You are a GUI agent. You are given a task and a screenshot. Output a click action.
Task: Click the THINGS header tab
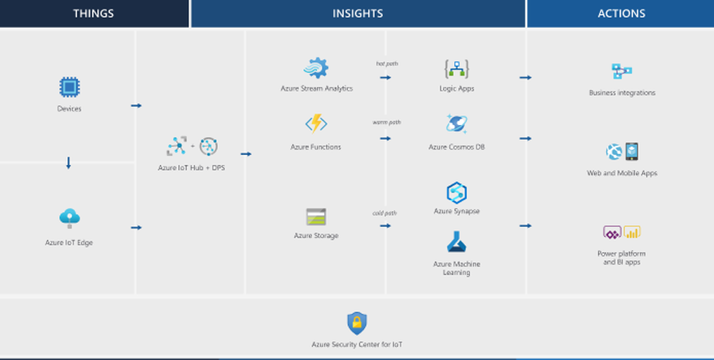click(x=93, y=14)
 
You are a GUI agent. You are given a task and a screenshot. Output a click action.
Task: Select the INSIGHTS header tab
click(x=358, y=14)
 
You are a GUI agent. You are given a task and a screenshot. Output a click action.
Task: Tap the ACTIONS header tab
click(x=621, y=14)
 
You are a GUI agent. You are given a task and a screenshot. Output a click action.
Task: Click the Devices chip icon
click(x=69, y=87)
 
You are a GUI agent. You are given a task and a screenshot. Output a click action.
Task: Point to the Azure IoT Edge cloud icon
click(x=69, y=216)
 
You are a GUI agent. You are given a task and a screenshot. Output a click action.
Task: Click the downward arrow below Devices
click(x=69, y=163)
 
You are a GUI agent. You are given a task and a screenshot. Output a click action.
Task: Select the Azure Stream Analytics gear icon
click(x=316, y=68)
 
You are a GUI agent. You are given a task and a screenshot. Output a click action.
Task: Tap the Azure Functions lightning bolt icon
click(x=316, y=124)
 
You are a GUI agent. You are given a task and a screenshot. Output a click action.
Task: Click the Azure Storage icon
click(x=316, y=216)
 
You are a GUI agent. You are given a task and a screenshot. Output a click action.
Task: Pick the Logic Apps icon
click(x=456, y=69)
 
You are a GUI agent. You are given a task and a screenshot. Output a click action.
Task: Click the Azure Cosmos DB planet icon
click(x=456, y=124)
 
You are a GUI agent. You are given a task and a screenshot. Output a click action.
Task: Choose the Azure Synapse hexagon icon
click(x=456, y=192)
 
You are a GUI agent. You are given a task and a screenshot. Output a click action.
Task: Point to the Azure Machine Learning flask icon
click(x=456, y=241)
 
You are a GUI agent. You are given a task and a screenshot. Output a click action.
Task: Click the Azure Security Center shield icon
click(x=356, y=323)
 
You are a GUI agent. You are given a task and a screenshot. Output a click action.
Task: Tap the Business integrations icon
click(x=622, y=71)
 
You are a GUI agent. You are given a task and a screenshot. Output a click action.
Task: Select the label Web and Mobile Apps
click(x=622, y=173)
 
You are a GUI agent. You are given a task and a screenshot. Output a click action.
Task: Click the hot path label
click(x=386, y=64)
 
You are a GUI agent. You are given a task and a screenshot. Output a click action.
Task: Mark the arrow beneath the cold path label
click(x=386, y=226)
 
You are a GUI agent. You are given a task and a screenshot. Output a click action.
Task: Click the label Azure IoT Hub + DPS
click(x=191, y=168)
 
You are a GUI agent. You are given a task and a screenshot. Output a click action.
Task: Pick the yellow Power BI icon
click(x=632, y=232)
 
